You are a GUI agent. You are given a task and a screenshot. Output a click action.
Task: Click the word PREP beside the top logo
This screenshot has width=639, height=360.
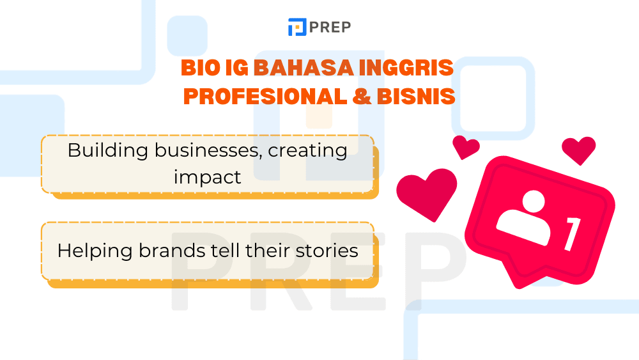point(330,27)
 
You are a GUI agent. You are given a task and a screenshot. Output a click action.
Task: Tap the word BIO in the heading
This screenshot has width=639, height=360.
point(197,68)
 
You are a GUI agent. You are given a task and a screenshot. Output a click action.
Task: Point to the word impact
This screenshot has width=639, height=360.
point(208,176)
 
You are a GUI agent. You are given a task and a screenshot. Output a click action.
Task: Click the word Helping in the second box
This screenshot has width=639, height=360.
point(94,250)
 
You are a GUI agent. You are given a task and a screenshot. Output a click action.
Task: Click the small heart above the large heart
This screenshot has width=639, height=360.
point(466,146)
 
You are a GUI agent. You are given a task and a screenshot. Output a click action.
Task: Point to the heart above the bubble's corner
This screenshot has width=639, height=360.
point(579,150)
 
